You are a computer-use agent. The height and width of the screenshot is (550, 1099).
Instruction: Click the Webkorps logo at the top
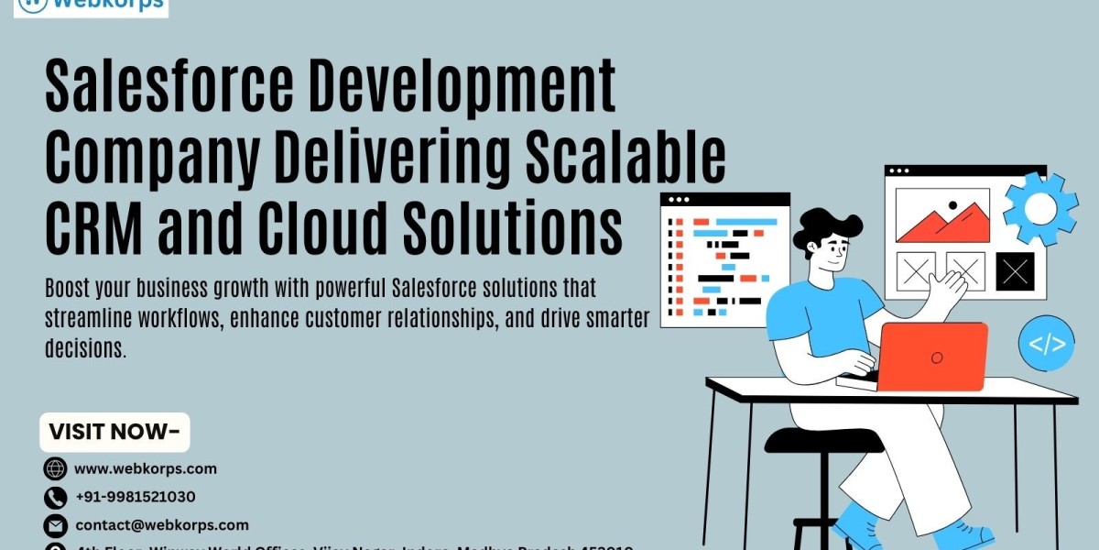click(91, 6)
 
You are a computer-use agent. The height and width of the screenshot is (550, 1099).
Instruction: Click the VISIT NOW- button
click(114, 432)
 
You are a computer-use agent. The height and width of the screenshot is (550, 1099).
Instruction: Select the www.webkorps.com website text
click(146, 468)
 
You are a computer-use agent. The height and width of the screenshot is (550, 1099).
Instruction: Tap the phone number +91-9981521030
click(135, 497)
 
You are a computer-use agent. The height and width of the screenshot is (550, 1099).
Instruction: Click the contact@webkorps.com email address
click(161, 525)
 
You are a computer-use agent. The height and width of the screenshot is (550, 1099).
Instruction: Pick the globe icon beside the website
click(56, 468)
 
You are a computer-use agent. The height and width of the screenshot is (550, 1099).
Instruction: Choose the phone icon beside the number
click(56, 498)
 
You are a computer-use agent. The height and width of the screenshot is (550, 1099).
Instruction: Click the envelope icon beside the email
click(56, 526)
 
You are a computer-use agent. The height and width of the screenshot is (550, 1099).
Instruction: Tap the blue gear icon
click(1040, 209)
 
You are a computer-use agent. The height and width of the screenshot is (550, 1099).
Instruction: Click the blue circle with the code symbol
click(1047, 345)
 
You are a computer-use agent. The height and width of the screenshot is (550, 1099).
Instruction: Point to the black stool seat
click(823, 441)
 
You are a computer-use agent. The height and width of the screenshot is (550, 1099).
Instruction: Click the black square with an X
click(1015, 271)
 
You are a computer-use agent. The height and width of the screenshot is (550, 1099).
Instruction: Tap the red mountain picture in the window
click(942, 220)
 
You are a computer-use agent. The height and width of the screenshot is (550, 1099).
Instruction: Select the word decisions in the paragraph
click(84, 348)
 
